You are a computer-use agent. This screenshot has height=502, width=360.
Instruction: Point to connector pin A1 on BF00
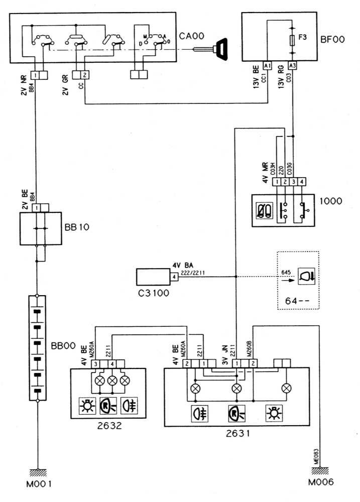[x=267, y=66]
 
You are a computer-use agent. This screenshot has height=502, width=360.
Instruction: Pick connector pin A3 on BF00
[x=293, y=66]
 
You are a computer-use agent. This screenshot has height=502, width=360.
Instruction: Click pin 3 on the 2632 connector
[x=94, y=363]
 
